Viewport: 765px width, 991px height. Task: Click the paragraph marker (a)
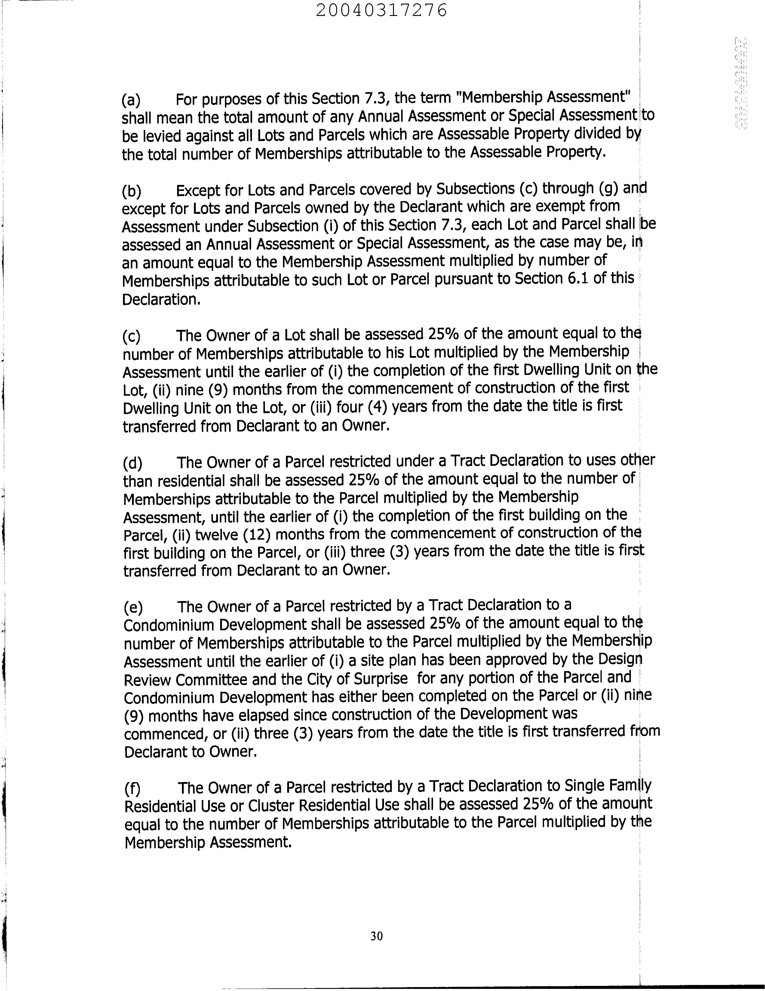coord(131,100)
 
